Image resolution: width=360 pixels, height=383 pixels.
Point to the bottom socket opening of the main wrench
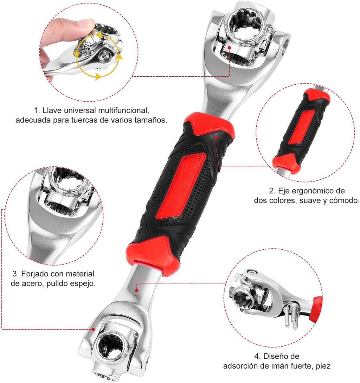click(x=109, y=346)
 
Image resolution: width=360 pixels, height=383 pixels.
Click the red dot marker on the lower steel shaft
click(x=137, y=291)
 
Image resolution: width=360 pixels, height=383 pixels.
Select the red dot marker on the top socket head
click(x=229, y=47)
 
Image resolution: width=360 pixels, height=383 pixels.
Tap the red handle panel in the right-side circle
click(x=302, y=127)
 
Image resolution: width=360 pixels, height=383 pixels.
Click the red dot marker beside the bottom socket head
click(x=94, y=329)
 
